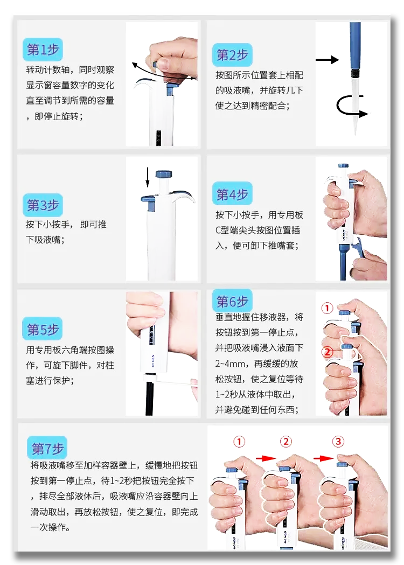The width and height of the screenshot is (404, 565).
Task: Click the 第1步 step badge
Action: [x=43, y=50]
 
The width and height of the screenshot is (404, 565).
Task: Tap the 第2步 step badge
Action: [x=232, y=55]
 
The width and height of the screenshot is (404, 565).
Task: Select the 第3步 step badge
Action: [x=43, y=205]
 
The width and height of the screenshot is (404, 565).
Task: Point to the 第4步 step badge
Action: [x=232, y=194]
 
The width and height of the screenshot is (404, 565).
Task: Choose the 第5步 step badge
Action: [x=43, y=329]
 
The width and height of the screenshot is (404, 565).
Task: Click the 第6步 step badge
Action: [x=232, y=301]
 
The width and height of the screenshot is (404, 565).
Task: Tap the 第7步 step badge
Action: [x=47, y=448]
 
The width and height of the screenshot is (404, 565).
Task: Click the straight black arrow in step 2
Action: [x=327, y=59]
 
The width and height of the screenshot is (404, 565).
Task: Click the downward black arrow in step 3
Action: [x=148, y=177]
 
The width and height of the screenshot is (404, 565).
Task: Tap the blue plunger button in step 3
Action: [x=164, y=175]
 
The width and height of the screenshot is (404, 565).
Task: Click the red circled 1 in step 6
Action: [x=327, y=308]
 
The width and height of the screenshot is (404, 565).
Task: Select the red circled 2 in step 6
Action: [x=327, y=351]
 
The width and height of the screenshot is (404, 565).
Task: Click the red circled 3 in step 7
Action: [x=338, y=442]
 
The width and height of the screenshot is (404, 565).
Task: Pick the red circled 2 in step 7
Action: [x=286, y=442]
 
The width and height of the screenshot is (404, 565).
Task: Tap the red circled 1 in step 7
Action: [x=239, y=442]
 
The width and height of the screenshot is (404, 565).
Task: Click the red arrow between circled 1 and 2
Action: [x=265, y=458]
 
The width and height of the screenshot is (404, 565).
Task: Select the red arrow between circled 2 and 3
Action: [x=323, y=458]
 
